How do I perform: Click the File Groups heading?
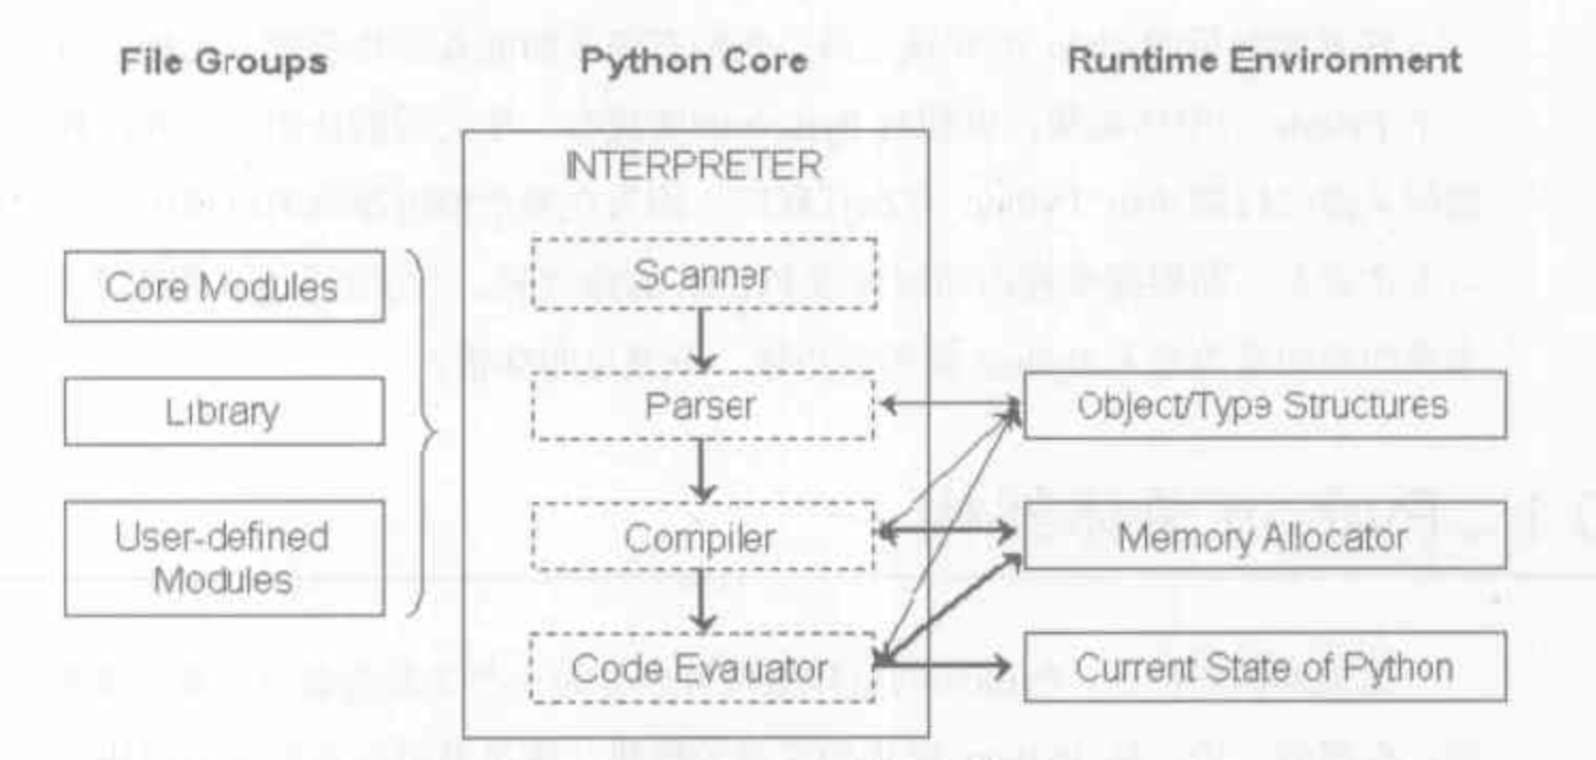click(223, 61)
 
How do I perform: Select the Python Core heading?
click(693, 61)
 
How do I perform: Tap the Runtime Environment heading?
click(1263, 61)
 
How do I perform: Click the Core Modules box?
click(224, 287)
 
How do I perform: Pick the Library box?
click(224, 412)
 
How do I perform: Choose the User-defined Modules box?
click(224, 558)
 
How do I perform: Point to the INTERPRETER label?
click(693, 166)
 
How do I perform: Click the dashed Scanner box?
click(704, 274)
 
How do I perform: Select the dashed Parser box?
click(702, 406)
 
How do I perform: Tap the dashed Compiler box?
click(702, 537)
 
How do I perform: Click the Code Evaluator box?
click(702, 668)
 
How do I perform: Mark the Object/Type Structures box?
click(1264, 405)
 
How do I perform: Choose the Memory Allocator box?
click(1264, 536)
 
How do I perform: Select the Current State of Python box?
click(1264, 667)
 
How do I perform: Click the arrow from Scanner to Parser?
click(702, 339)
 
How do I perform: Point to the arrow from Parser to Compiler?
click(702, 471)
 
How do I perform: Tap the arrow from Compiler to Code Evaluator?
click(702, 601)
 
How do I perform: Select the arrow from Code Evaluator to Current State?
click(945, 664)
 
